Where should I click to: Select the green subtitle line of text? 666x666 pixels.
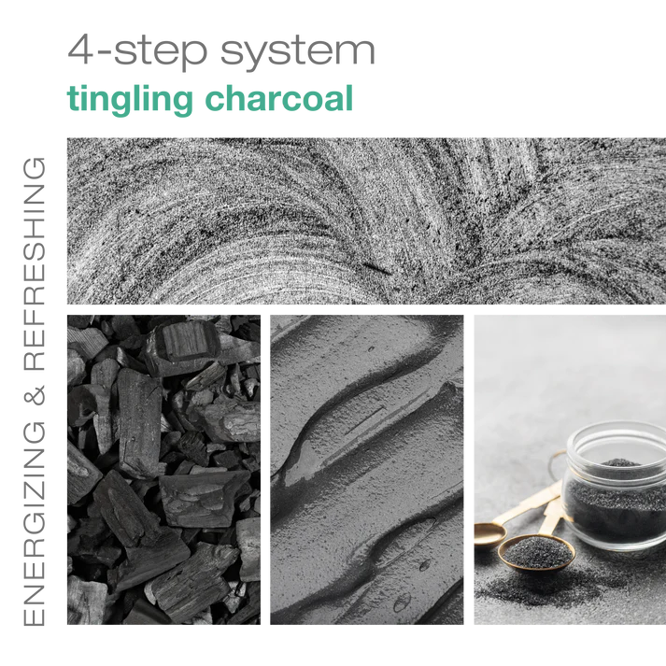point(210,99)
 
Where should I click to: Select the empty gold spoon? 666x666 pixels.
point(488,532)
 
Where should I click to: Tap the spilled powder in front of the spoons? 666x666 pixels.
point(532,598)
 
